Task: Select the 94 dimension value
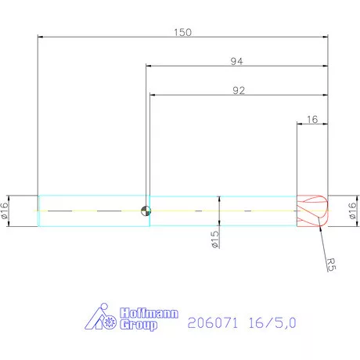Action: [236, 61]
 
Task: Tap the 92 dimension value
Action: [239, 90]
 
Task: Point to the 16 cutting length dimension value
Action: [312, 120]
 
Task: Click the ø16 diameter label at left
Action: [5, 211]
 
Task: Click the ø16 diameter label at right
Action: [352, 211]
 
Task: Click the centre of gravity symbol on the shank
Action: [145, 211]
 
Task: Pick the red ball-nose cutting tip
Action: [313, 211]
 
